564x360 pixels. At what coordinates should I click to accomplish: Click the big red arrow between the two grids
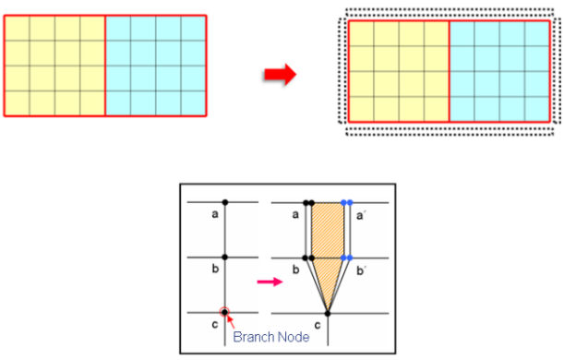pyautogui.click(x=281, y=75)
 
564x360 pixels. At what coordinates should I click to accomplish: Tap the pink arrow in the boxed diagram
pyautogui.click(x=270, y=282)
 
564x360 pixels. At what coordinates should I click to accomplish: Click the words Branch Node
pyautogui.click(x=271, y=337)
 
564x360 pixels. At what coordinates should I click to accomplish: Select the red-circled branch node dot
pyautogui.click(x=224, y=312)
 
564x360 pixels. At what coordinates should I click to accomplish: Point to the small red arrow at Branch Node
pyautogui.click(x=231, y=321)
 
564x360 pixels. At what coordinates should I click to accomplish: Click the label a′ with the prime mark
pyautogui.click(x=361, y=216)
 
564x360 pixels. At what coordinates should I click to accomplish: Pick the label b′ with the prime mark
pyautogui.click(x=361, y=270)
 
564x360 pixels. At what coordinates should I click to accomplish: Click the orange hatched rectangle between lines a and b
pyautogui.click(x=328, y=230)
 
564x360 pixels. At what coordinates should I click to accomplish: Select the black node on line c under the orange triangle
pyautogui.click(x=328, y=314)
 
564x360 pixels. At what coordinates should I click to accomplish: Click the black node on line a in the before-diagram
pyautogui.click(x=225, y=202)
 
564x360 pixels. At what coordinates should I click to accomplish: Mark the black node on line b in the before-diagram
pyautogui.click(x=225, y=258)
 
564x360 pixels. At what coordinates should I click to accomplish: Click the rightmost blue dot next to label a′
pyautogui.click(x=350, y=202)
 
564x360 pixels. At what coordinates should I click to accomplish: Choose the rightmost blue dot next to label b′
pyautogui.click(x=350, y=258)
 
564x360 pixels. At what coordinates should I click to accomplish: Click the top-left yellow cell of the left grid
pyautogui.click(x=18, y=29)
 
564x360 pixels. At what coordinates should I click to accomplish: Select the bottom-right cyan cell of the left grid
pyautogui.click(x=194, y=103)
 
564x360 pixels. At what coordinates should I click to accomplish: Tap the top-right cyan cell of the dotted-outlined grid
pyautogui.click(x=537, y=34)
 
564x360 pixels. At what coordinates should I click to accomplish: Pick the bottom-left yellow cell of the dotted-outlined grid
pyautogui.click(x=362, y=109)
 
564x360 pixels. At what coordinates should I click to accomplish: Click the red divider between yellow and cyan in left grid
pyautogui.click(x=105, y=66)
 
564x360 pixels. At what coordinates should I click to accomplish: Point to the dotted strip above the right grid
pyautogui.click(x=450, y=13)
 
